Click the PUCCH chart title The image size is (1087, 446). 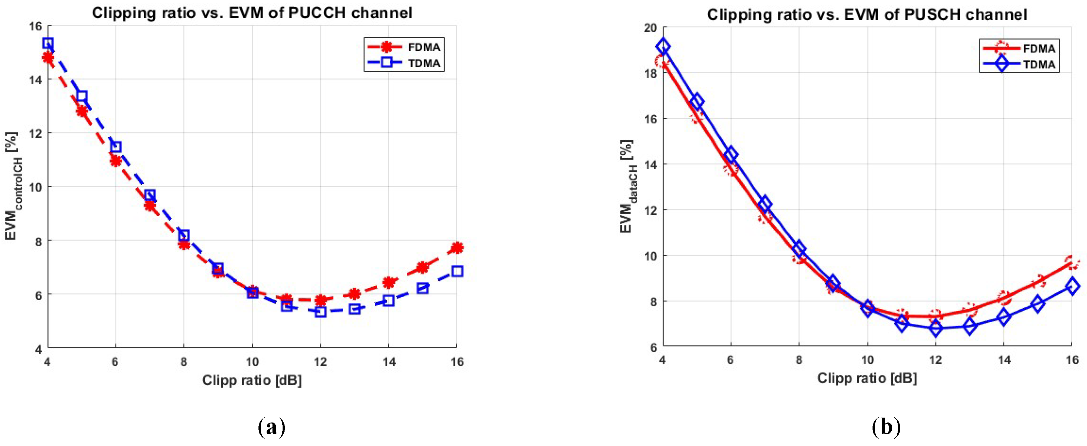(x=252, y=13)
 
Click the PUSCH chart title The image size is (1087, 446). (x=867, y=15)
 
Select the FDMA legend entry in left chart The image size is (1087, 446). (x=404, y=47)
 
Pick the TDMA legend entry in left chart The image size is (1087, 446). (x=404, y=63)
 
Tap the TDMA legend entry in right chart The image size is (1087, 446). (x=1020, y=65)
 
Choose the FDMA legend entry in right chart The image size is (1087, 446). (x=1020, y=49)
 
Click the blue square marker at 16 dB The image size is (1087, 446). (x=457, y=271)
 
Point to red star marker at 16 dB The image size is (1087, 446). (x=457, y=248)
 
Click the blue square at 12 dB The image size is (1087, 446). (x=320, y=312)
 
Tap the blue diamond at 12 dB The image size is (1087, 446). (x=935, y=328)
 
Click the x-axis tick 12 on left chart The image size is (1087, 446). (x=320, y=361)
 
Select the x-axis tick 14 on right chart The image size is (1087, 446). (x=1004, y=360)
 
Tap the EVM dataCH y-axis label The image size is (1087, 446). (x=627, y=186)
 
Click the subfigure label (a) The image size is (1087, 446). (x=271, y=427)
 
